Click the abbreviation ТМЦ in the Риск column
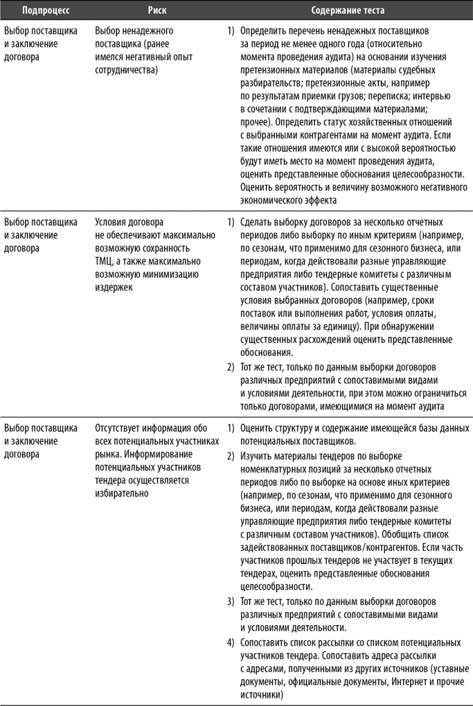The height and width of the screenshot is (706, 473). click(105, 262)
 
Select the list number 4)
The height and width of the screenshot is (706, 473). click(231, 643)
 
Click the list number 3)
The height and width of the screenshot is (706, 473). click(231, 600)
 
